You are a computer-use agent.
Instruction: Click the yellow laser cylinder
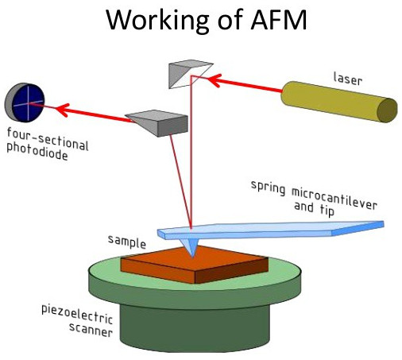[x=339, y=102]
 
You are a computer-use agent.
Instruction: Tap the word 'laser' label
[x=347, y=79]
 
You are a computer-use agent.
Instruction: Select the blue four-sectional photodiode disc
[x=26, y=103]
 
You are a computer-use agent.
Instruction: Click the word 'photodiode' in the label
[x=37, y=152]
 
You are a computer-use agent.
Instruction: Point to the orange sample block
[x=195, y=265]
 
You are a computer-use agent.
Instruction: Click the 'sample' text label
[x=127, y=242]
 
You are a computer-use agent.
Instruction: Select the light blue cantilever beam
[x=270, y=230]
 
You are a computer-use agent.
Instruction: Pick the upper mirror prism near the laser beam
[x=190, y=75]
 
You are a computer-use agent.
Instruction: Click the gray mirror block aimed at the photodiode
[x=159, y=123]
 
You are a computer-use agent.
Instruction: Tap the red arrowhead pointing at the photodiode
[x=63, y=109]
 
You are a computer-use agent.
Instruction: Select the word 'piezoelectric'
[x=77, y=315]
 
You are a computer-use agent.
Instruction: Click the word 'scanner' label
[x=91, y=331]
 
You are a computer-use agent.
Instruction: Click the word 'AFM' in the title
[x=279, y=20]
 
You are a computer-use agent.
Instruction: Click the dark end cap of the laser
[x=387, y=110]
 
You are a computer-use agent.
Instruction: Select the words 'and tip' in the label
[x=315, y=208]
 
